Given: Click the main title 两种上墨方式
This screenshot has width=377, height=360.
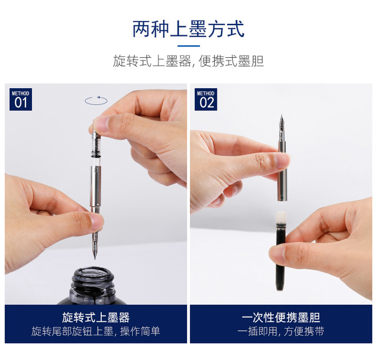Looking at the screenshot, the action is pos(189,29).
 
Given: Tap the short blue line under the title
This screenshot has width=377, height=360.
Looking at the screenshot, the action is pos(189,46).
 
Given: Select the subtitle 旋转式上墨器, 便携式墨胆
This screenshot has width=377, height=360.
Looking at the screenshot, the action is pos(189,61).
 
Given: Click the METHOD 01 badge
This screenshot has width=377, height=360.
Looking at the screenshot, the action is pos(21,100).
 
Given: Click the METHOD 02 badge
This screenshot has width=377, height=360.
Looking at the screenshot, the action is pos(206,100).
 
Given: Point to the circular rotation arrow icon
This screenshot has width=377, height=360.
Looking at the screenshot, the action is pos(96,101).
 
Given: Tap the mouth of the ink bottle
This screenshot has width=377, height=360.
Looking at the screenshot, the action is pos(93,275).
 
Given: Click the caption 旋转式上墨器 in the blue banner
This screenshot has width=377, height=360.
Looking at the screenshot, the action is pos(96,318).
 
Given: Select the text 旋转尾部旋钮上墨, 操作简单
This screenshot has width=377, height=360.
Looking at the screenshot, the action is pos(96,331).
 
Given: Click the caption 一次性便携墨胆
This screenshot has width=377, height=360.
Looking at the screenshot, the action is pos(281,318).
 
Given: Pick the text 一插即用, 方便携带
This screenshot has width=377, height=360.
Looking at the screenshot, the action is pos(281,331).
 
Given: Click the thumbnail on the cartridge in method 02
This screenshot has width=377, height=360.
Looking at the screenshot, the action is pos(277,255).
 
